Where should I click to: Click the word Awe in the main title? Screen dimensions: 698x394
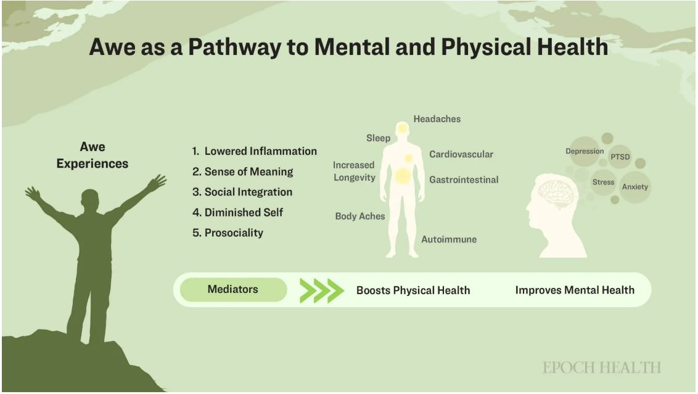(112, 47)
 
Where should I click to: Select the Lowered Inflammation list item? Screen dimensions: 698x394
(254, 151)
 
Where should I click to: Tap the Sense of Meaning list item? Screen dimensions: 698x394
(242, 172)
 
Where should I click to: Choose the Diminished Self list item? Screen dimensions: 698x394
(237, 212)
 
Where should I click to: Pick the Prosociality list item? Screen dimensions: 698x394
(228, 233)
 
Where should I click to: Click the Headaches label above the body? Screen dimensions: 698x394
(437, 119)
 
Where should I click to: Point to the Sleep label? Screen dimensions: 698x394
(378, 138)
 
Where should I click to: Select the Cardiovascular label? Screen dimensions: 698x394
(461, 155)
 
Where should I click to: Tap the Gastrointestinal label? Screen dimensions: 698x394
(464, 180)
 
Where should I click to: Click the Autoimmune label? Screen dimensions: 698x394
(449, 239)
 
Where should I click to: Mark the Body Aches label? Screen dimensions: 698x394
(359, 216)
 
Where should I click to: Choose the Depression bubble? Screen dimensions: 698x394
(585, 151)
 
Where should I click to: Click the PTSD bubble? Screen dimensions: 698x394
(620, 157)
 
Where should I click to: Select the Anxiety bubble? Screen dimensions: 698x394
(634, 187)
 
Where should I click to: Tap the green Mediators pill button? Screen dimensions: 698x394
(233, 290)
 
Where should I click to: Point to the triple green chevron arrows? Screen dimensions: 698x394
(322, 290)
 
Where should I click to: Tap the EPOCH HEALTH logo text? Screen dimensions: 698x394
(601, 367)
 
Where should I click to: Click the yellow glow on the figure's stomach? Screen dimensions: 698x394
(403, 176)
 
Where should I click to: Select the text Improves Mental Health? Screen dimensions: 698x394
(575, 290)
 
